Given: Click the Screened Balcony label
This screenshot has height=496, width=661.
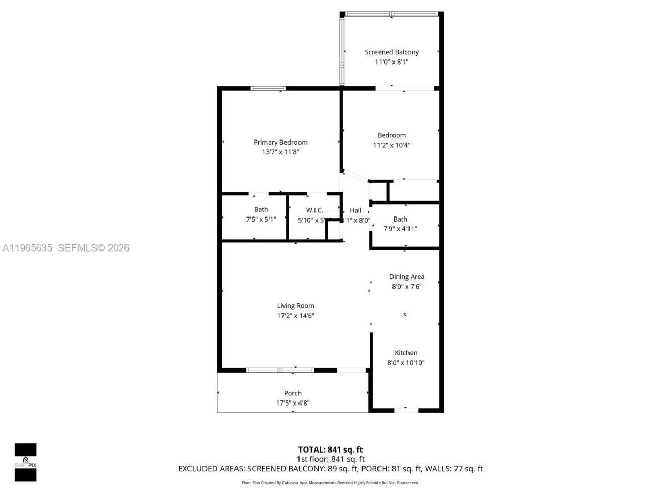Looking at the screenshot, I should [391, 52].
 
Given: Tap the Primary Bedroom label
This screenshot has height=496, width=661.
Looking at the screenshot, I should [280, 142].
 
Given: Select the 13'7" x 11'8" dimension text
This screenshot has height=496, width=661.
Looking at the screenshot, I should [280, 152].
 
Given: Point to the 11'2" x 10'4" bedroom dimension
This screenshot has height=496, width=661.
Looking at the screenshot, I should [391, 145].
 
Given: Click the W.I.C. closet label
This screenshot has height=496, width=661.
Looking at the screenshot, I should [314, 210].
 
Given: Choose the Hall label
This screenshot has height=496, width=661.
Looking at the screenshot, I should [355, 210].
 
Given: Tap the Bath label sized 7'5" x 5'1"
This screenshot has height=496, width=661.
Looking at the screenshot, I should [261, 209].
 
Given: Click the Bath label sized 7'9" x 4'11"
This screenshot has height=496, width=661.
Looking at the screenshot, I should [400, 219].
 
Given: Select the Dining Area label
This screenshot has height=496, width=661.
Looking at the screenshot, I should [406, 276].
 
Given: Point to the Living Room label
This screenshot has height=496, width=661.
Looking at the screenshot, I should [295, 306].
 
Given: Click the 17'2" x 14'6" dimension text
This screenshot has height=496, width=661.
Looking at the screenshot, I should [295, 316].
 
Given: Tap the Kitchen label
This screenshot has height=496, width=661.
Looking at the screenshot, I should [406, 353].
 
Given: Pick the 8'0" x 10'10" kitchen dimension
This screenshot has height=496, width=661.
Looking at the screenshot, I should [406, 363].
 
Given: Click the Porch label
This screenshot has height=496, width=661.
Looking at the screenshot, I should [293, 393].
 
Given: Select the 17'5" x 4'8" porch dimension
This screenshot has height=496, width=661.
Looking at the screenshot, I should [293, 403].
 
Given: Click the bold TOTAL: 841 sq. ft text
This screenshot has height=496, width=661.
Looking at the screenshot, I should [330, 450].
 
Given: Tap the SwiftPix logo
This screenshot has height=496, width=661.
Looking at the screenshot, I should [25, 462].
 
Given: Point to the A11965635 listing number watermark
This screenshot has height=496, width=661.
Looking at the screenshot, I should [27, 248].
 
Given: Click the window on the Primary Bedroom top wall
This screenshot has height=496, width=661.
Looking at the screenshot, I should [268, 88].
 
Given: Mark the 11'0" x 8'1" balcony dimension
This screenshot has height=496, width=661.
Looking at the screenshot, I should [391, 61].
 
